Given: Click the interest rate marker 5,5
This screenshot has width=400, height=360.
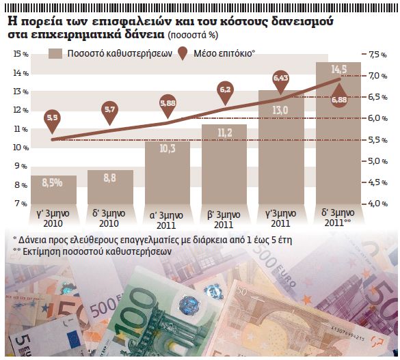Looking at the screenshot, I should coord(53,120).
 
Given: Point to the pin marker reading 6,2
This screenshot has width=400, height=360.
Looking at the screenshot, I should coord(224,89).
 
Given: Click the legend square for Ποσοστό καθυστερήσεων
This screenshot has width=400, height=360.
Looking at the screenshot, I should coord(56,53).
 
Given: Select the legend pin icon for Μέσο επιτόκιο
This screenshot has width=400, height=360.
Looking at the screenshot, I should coord(183,53).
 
